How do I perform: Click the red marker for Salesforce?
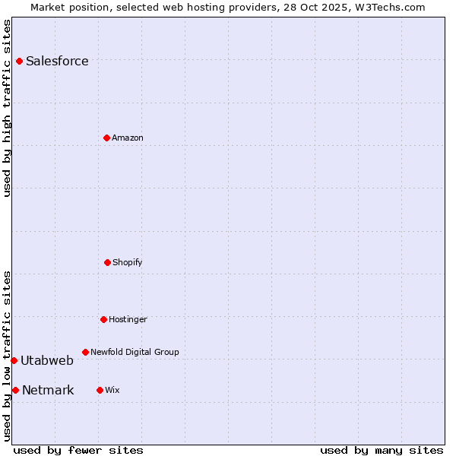tap(19, 61)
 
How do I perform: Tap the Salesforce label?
tap(57, 62)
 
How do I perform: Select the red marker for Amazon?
tap(106, 138)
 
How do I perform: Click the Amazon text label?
tap(128, 138)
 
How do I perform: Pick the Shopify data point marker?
tap(107, 262)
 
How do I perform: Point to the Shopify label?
tap(128, 263)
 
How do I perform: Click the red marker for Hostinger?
tap(103, 319)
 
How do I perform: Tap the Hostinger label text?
tap(128, 320)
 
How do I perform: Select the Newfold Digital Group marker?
tap(85, 352)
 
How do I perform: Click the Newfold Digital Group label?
tap(135, 353)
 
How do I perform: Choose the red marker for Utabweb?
tap(14, 360)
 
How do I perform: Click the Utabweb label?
tap(47, 361)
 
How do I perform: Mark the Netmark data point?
tap(15, 390)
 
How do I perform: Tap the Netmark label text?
tap(48, 391)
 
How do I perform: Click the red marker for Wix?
tap(100, 390)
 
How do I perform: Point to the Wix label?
tap(112, 391)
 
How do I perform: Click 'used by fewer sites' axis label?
tap(78, 450)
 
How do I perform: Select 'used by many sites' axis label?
tap(382, 450)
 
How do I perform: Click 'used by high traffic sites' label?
tap(7, 108)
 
